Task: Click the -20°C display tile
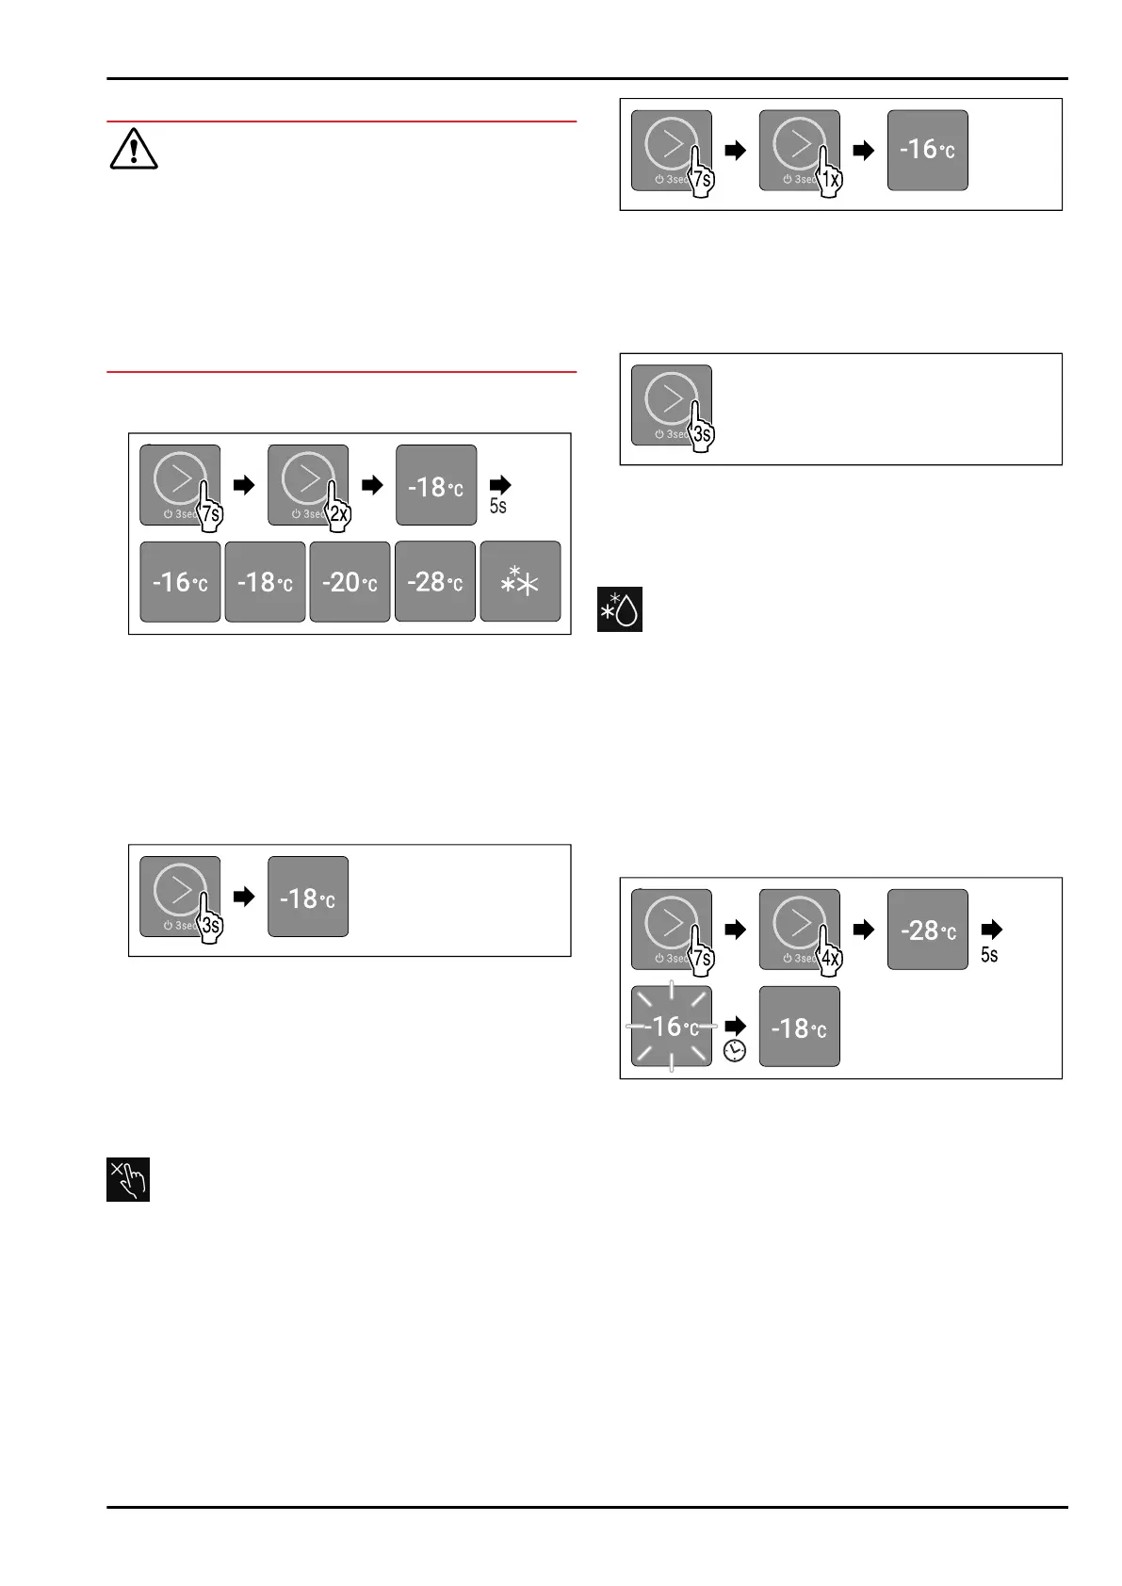(350, 582)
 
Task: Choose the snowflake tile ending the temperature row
(520, 582)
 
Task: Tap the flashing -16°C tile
(671, 1027)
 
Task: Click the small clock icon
(735, 1051)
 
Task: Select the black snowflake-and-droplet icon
(620, 609)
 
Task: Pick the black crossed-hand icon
(128, 1179)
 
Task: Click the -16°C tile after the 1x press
(927, 151)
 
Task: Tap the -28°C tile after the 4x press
(927, 930)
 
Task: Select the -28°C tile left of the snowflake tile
(434, 582)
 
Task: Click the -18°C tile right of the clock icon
(799, 1027)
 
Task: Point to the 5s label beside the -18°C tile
(497, 506)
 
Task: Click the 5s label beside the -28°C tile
(989, 955)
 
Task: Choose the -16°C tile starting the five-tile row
(180, 582)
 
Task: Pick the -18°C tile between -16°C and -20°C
(265, 582)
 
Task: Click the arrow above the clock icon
(735, 1025)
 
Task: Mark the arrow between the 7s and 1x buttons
(735, 151)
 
